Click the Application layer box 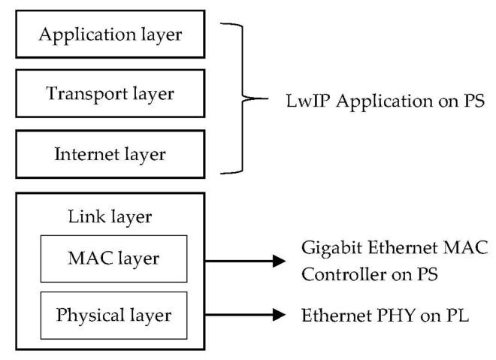[x=112, y=35]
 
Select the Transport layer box [x=112, y=95]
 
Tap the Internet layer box [x=112, y=155]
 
